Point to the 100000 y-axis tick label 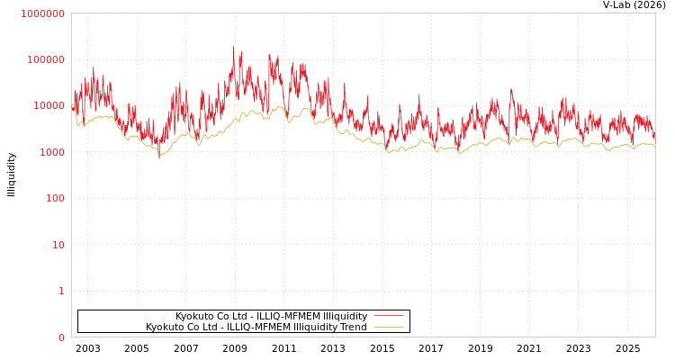tap(45, 59)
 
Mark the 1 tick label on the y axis tap(61, 291)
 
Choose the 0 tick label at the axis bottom tap(61, 337)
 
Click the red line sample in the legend tap(388, 316)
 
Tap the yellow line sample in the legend tap(388, 328)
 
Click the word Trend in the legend tap(353, 328)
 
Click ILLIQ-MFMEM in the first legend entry tap(287, 317)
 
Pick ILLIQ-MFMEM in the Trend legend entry tap(257, 328)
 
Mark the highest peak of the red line tap(233, 47)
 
